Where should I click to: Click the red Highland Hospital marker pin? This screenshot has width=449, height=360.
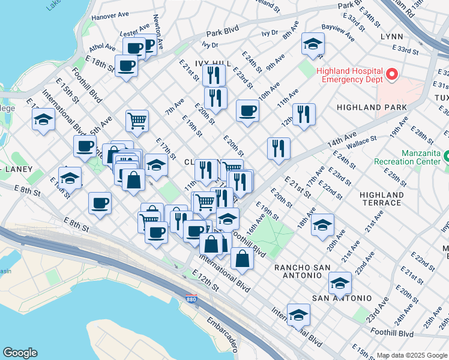pyautogui.click(x=392, y=74)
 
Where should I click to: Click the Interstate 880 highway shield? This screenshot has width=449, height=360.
pyautogui.click(x=191, y=298)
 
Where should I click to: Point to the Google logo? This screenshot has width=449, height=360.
pyautogui.click(x=20, y=352)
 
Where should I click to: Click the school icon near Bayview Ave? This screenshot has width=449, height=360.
pyautogui.click(x=312, y=44)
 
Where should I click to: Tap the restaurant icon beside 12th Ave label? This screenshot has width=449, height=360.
pyautogui.click(x=304, y=113)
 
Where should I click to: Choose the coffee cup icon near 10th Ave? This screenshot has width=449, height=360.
pyautogui.click(x=247, y=110)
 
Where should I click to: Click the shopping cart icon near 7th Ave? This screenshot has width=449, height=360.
pyautogui.click(x=137, y=121)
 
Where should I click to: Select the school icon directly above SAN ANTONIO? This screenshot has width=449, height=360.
pyautogui.click(x=340, y=282)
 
